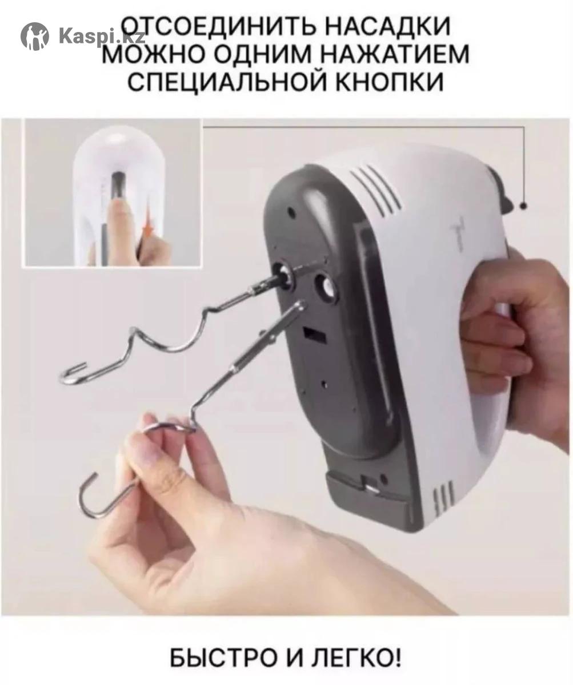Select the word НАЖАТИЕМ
tap(394, 54)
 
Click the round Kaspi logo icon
tap(34, 36)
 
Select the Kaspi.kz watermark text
tap(98, 37)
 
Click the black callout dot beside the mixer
tap(524, 205)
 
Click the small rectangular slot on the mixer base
tap(314, 335)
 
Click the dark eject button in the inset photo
tap(118, 186)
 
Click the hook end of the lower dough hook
tap(89, 495)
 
